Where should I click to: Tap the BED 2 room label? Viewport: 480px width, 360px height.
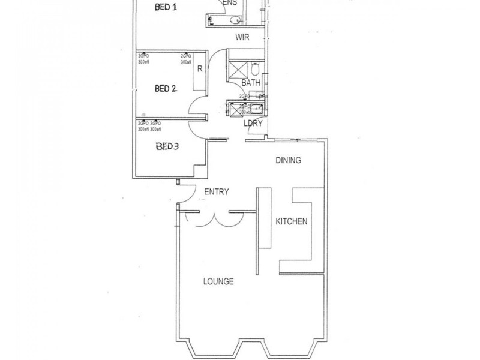165,89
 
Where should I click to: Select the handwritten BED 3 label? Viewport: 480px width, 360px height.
168,146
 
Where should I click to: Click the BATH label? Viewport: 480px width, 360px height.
250,82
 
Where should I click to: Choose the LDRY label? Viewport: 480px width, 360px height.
252,124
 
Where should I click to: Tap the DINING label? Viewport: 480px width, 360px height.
287,160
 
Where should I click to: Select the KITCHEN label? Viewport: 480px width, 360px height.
291,221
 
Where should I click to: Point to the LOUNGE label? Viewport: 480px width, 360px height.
218,281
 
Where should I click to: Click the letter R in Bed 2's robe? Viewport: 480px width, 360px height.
200,68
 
